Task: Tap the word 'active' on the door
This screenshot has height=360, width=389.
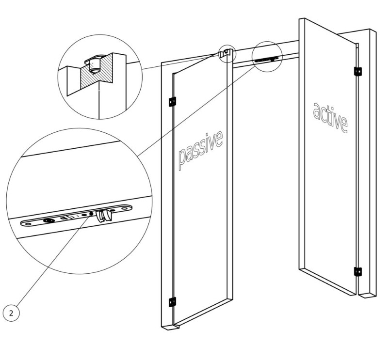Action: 330,117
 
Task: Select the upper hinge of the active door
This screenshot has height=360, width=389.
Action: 358,71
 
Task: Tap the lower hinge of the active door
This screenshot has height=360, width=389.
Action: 358,271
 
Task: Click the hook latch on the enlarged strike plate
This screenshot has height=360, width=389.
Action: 102,215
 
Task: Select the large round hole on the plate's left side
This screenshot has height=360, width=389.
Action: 49,220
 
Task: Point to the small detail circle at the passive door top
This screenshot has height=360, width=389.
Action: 226,53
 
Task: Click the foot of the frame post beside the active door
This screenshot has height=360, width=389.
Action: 367,291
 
